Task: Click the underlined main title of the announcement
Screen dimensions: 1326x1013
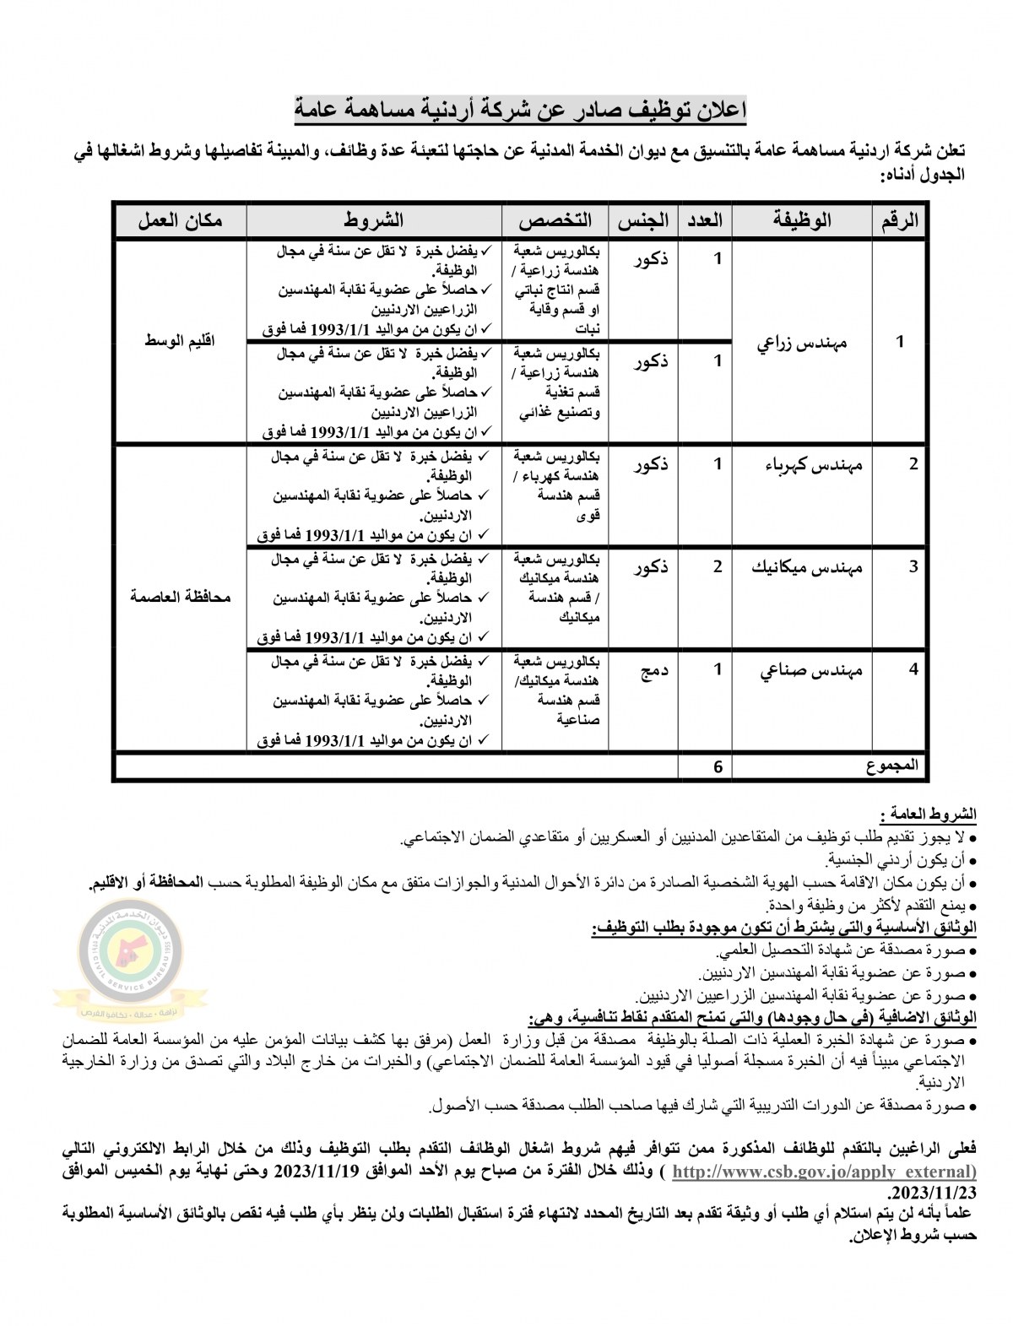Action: (520, 111)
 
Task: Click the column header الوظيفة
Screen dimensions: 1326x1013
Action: (802, 221)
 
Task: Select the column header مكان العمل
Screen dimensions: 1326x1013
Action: (181, 221)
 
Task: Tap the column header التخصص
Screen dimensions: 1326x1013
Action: (555, 221)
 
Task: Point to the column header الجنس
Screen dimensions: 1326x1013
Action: (643, 221)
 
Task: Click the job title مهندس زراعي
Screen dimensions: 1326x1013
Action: (802, 343)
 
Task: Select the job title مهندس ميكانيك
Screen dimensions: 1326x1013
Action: (807, 567)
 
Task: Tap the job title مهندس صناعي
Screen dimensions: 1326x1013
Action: (811, 670)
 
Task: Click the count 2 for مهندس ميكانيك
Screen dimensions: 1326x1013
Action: (718, 567)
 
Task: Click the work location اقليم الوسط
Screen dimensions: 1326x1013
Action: (180, 342)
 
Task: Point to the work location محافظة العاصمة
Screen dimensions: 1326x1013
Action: (181, 597)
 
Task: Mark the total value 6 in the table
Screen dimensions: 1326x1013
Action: (718, 767)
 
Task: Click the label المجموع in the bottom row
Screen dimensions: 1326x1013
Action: (891, 766)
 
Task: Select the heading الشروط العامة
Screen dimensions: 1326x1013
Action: (928, 815)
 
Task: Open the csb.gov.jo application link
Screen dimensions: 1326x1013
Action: (824, 1172)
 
